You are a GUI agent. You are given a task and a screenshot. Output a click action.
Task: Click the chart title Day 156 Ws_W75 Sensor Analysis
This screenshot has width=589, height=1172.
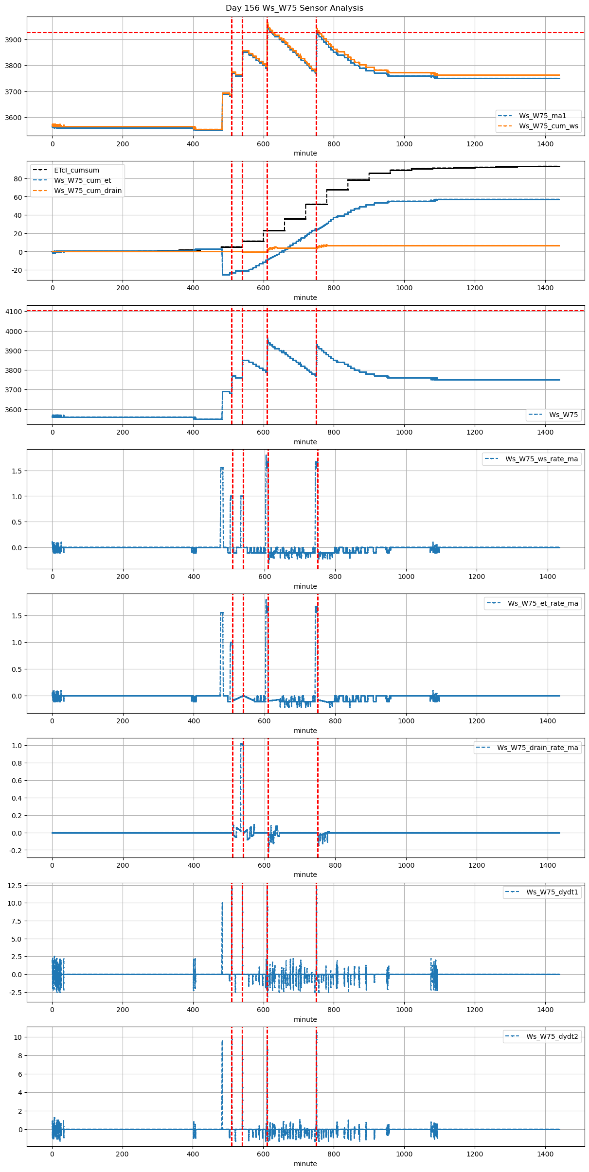coord(294,8)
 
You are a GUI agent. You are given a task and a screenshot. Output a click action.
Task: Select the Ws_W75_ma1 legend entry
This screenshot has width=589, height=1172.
coord(542,116)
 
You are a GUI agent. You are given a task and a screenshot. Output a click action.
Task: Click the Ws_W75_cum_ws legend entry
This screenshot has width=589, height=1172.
coord(548,126)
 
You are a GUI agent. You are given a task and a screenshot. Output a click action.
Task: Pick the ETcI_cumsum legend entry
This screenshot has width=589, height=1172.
coord(76,170)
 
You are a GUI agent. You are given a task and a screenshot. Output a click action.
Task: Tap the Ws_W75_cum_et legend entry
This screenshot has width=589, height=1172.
coord(82,180)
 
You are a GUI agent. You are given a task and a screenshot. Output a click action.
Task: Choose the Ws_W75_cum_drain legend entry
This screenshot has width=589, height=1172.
coord(88,191)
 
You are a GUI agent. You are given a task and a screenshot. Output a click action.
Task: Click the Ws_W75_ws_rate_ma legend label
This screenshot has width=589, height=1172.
coord(541,459)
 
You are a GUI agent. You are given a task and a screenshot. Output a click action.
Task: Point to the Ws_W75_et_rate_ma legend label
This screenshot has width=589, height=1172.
coord(543,603)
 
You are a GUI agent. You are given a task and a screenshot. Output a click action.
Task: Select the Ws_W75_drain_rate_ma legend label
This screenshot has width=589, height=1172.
coord(537,748)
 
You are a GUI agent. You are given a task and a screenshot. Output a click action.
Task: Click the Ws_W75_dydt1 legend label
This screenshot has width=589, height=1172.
coord(552,892)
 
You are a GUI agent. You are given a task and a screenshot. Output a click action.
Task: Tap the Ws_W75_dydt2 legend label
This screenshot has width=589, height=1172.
coord(552,1036)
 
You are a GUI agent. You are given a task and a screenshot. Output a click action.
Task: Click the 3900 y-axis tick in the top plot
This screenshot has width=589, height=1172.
coord(13,40)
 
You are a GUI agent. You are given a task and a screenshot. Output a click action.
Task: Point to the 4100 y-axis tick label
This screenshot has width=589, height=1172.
coord(13,312)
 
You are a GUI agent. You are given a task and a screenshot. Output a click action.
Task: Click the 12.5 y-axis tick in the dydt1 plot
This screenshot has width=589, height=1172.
coord(15,886)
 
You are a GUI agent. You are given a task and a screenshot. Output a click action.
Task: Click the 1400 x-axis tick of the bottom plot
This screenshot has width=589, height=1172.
coord(545,1154)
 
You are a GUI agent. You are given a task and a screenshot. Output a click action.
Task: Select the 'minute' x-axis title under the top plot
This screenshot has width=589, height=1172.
coord(305,153)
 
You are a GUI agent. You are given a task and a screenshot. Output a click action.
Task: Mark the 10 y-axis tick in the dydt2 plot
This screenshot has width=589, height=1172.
coord(18,1037)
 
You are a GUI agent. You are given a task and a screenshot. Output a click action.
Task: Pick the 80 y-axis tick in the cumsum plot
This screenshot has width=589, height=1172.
coord(18,179)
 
